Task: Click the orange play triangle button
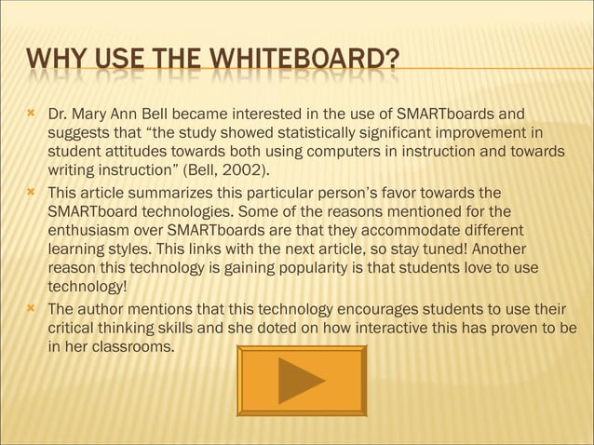pos(301,380)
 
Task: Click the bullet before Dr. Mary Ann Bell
pos(31,115)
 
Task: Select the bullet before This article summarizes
pos(31,192)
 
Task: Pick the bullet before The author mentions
pos(31,308)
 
